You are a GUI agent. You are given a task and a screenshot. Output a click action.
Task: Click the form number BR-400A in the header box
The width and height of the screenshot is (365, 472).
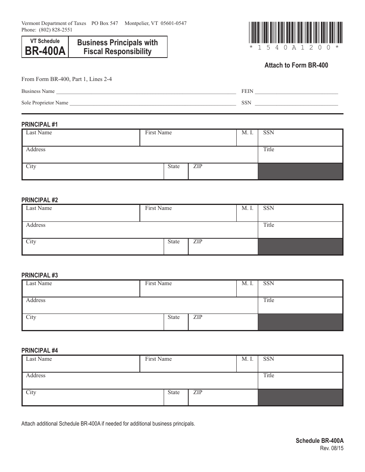(x=45, y=51)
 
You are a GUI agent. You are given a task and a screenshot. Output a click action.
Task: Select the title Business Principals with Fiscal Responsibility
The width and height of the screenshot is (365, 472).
(x=118, y=47)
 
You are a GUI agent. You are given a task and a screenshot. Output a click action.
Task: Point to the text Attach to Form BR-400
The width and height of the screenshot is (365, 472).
(x=296, y=65)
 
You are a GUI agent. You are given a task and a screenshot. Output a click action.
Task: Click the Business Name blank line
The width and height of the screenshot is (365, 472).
(x=146, y=92)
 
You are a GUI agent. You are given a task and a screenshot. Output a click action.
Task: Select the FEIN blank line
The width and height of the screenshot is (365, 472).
(x=296, y=92)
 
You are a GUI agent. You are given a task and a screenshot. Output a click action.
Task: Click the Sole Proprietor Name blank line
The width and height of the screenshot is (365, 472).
(x=153, y=103)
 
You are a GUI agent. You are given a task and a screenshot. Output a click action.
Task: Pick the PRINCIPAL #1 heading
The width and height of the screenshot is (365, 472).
(x=40, y=124)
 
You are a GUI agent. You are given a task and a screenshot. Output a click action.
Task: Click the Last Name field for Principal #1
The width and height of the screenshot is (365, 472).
(x=81, y=139)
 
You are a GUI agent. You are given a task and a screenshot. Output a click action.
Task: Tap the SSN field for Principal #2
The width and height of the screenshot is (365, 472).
(x=300, y=214)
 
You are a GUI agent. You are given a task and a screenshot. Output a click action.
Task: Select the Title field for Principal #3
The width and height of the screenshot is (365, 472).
(x=300, y=306)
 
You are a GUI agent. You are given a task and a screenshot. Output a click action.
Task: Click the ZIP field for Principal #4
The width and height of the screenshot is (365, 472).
(x=223, y=398)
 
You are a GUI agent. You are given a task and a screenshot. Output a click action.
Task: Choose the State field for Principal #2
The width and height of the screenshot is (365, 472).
(x=176, y=247)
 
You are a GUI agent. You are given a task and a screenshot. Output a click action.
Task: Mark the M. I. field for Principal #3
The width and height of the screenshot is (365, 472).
(x=247, y=289)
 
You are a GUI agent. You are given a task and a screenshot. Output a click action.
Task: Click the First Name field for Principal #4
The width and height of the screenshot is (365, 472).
(x=188, y=365)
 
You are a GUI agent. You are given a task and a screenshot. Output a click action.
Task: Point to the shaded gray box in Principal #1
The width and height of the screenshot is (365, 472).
(x=300, y=172)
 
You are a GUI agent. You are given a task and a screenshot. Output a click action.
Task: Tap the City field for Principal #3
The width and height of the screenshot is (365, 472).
(x=93, y=323)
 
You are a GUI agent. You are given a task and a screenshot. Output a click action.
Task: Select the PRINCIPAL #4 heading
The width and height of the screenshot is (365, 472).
(x=40, y=350)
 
